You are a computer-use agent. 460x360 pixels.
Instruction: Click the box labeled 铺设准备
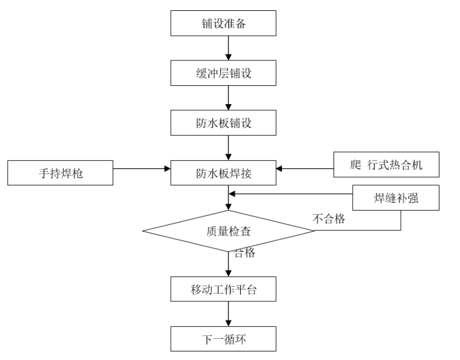[224, 24]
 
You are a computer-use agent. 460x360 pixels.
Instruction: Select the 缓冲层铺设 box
[224, 73]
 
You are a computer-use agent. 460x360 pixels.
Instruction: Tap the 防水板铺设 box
[224, 123]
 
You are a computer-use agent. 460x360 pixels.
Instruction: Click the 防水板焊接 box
[224, 173]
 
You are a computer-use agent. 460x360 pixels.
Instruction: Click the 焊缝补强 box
[395, 198]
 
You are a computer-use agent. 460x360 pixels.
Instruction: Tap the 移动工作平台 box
[224, 290]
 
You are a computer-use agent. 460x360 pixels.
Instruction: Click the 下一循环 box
[224, 338]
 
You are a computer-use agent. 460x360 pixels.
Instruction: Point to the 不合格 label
[329, 219]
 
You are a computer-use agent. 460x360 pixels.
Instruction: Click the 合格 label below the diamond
[244, 253]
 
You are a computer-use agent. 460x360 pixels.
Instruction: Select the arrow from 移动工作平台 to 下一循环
[228, 314]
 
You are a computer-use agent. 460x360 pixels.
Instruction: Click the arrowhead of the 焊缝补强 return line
[232, 194]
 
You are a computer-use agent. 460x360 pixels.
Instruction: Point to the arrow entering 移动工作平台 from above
[228, 266]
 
